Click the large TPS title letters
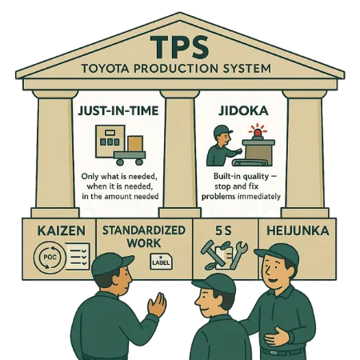(180, 47)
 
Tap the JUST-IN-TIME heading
(118, 111)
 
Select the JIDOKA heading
(243, 111)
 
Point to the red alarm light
(258, 133)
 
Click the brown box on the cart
(135, 144)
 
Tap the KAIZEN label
(62, 231)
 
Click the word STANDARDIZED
(144, 230)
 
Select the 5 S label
(223, 231)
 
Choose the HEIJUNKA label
(298, 231)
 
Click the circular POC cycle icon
(50, 258)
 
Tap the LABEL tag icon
(161, 262)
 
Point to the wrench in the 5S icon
(238, 254)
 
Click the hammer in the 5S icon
(210, 253)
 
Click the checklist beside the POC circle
(78, 256)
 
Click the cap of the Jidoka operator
(223, 130)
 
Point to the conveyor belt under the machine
(250, 162)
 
